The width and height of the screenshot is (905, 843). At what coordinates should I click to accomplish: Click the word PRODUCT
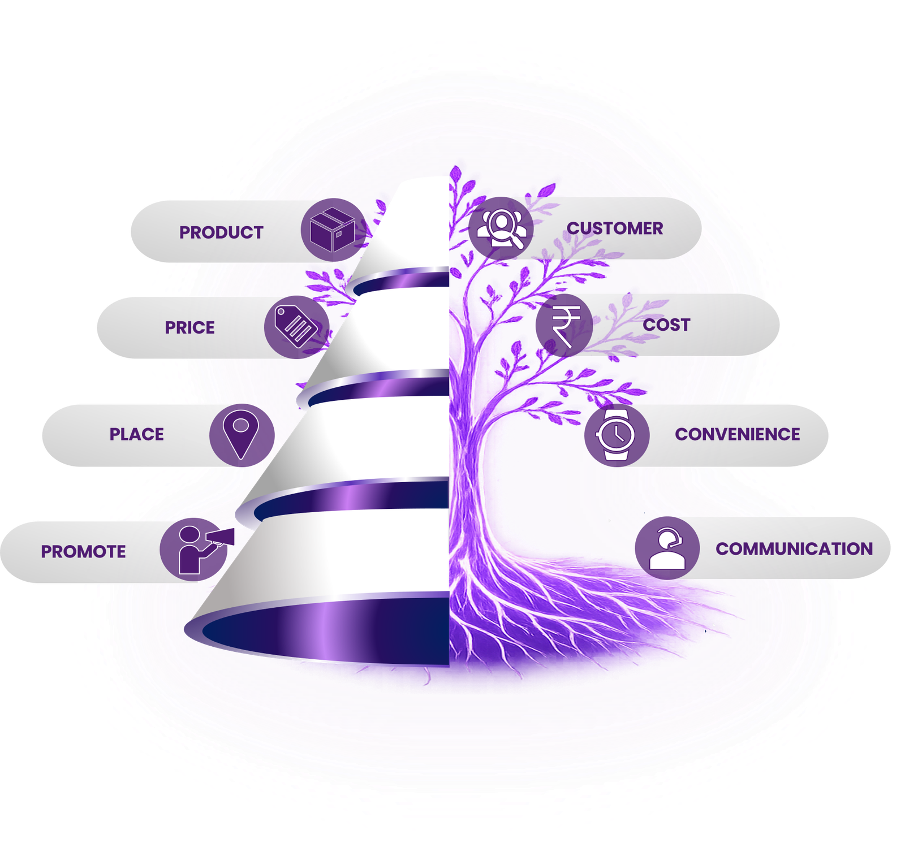pyautogui.click(x=221, y=232)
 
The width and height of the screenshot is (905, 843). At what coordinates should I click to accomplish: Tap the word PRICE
pyautogui.click(x=189, y=327)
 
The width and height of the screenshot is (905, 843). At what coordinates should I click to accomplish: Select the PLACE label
pyautogui.click(x=136, y=434)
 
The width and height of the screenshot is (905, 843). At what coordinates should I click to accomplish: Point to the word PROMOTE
pyautogui.click(x=83, y=551)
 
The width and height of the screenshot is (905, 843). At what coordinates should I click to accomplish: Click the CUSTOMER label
pyautogui.click(x=615, y=228)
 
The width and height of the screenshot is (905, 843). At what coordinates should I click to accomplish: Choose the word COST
pyautogui.click(x=666, y=325)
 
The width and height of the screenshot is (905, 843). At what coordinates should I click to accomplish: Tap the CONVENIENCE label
pyautogui.click(x=738, y=434)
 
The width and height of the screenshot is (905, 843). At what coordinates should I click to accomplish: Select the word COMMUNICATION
pyautogui.click(x=794, y=548)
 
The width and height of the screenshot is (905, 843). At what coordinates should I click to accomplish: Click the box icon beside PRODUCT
pyautogui.click(x=333, y=230)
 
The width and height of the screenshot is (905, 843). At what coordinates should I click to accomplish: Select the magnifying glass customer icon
pyautogui.click(x=501, y=228)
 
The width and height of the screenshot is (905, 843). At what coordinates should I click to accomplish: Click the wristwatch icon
pyautogui.click(x=616, y=435)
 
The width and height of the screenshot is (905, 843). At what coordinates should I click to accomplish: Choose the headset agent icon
pyautogui.click(x=667, y=548)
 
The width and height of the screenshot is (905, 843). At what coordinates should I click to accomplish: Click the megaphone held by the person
pyautogui.click(x=221, y=538)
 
